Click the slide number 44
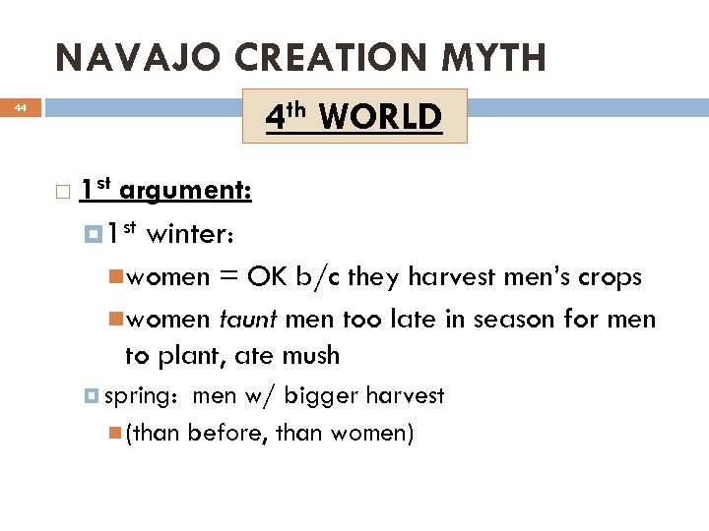pyautogui.click(x=20, y=108)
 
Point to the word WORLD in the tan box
pyautogui.click(x=380, y=118)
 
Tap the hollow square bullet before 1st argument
pyautogui.click(x=63, y=191)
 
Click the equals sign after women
pyautogui.click(x=229, y=278)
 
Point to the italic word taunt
pyautogui.click(x=249, y=321)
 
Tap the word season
pyautogui.click(x=535, y=321)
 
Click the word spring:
pyautogui.click(x=140, y=396)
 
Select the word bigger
pyautogui.click(x=321, y=396)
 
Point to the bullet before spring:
pyautogui.click(x=92, y=396)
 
